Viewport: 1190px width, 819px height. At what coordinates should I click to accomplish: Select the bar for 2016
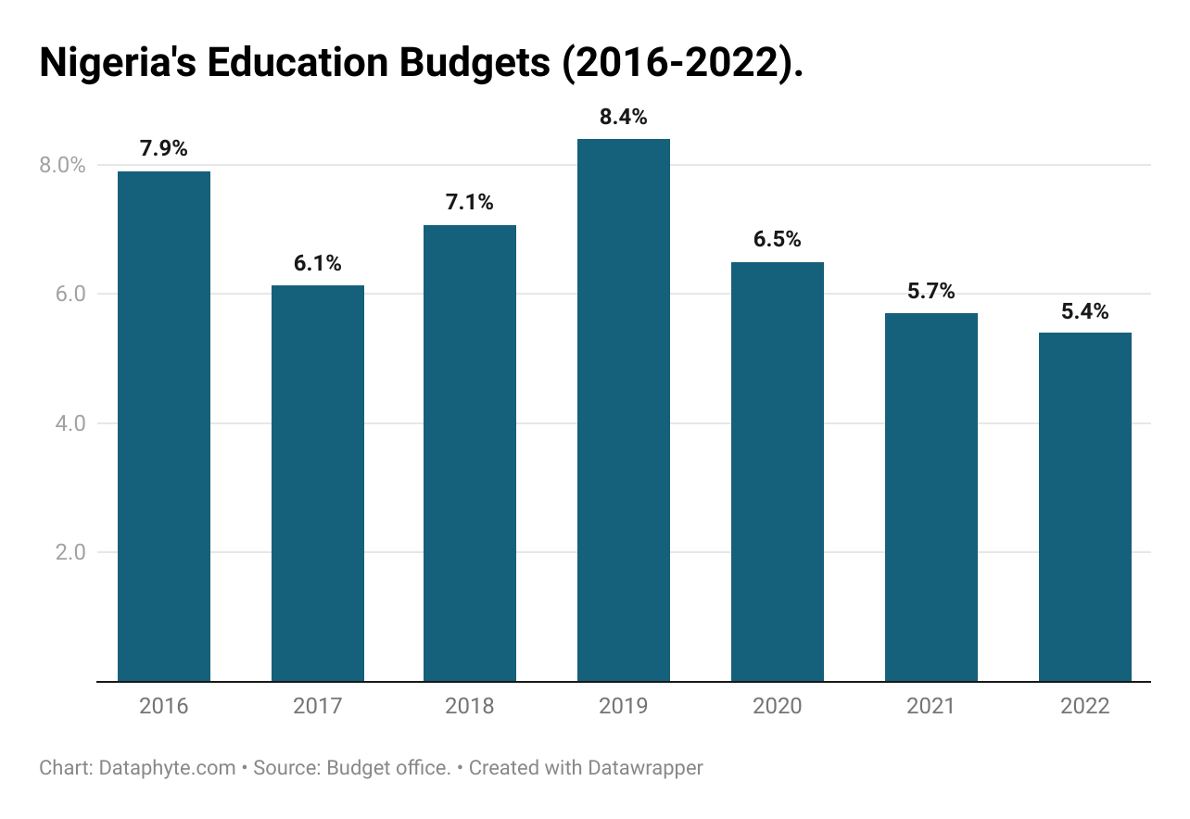164,426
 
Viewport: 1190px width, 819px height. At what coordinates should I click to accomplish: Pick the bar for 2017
318,483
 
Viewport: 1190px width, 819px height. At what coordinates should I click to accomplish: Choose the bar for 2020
777,472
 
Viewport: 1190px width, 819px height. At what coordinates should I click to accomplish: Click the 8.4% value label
624,118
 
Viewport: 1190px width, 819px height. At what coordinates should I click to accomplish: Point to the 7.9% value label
164,148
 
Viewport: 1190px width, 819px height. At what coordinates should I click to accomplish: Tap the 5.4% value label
1084,311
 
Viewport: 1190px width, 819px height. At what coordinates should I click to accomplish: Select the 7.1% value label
470,202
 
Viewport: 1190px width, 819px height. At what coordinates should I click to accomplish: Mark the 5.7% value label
930,291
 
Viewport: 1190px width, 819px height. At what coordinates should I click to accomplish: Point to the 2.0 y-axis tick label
68,552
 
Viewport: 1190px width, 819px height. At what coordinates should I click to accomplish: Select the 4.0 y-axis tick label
68,423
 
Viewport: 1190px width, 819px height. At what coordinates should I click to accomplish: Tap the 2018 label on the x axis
470,706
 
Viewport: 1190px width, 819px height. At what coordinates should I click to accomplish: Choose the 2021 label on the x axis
930,706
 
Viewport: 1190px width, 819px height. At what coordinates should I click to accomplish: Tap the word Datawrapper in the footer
645,768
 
